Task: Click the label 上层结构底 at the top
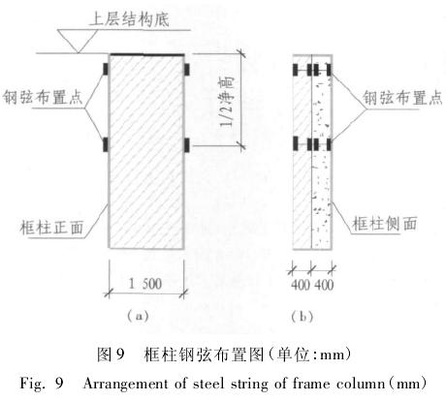tap(129, 19)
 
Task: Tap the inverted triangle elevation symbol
tap(78, 41)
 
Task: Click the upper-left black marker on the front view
tap(106, 69)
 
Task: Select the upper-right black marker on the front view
tap(187, 69)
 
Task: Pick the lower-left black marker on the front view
tap(106, 144)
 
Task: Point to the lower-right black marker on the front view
tap(187, 144)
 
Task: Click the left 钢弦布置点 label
tap(43, 98)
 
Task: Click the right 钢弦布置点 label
tap(402, 98)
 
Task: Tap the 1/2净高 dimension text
tap(227, 103)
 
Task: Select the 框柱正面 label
tap(51, 228)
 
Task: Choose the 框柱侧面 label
tap(385, 224)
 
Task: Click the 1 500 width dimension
tap(145, 284)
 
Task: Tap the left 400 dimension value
tap(301, 285)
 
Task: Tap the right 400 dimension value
tap(324, 285)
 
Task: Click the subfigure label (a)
tap(138, 316)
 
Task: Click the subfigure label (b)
tap(303, 317)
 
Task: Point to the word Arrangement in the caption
tap(126, 385)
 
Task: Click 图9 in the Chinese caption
tap(111, 355)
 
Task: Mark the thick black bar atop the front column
tap(147, 54)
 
